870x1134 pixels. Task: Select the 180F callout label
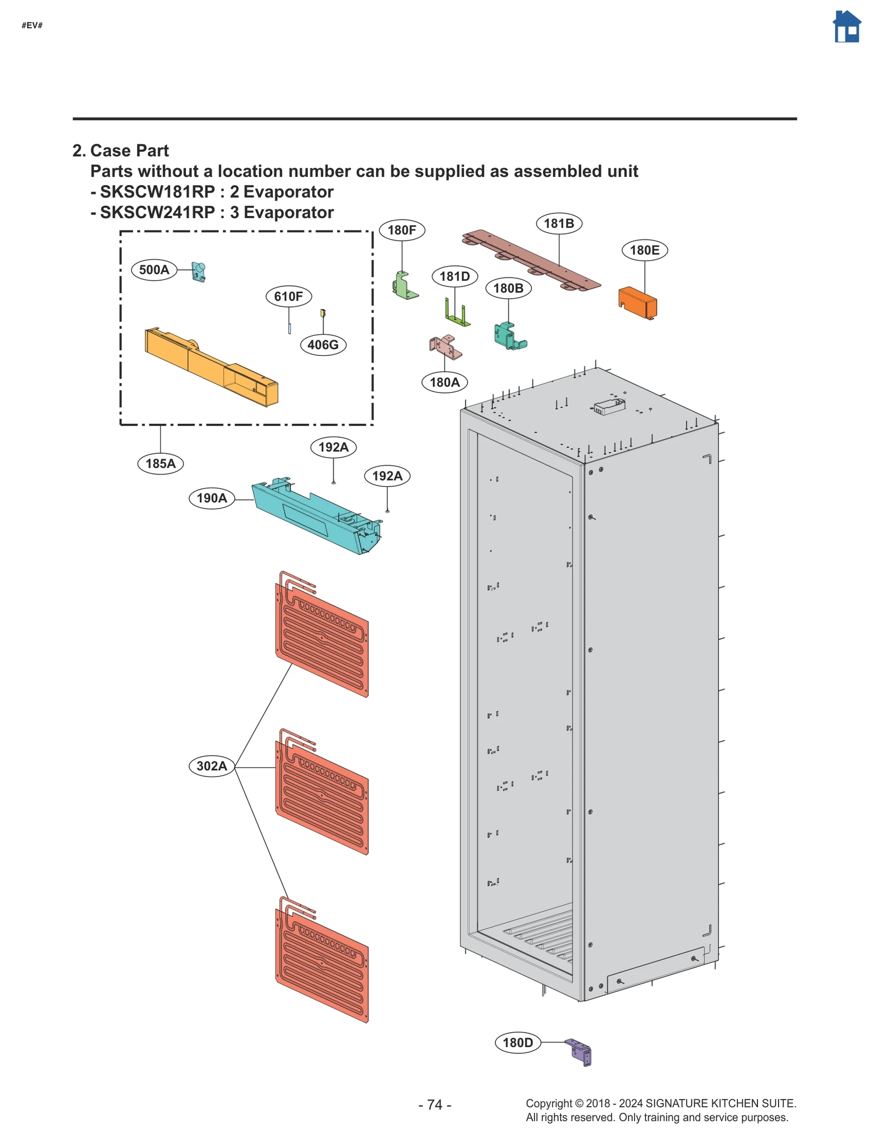click(401, 230)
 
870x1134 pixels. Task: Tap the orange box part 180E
click(637, 302)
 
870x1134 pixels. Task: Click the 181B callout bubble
click(558, 223)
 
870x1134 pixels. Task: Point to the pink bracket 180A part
click(445, 347)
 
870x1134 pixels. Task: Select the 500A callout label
click(154, 269)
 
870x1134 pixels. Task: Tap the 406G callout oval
click(322, 344)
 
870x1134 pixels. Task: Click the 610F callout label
click(288, 296)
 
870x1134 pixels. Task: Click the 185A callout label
click(160, 463)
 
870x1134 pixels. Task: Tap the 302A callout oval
click(212, 766)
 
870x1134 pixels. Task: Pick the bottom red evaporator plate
click(322, 963)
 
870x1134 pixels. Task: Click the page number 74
click(434, 1104)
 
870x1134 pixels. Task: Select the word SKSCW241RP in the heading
click(158, 212)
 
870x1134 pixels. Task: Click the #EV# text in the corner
click(32, 26)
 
